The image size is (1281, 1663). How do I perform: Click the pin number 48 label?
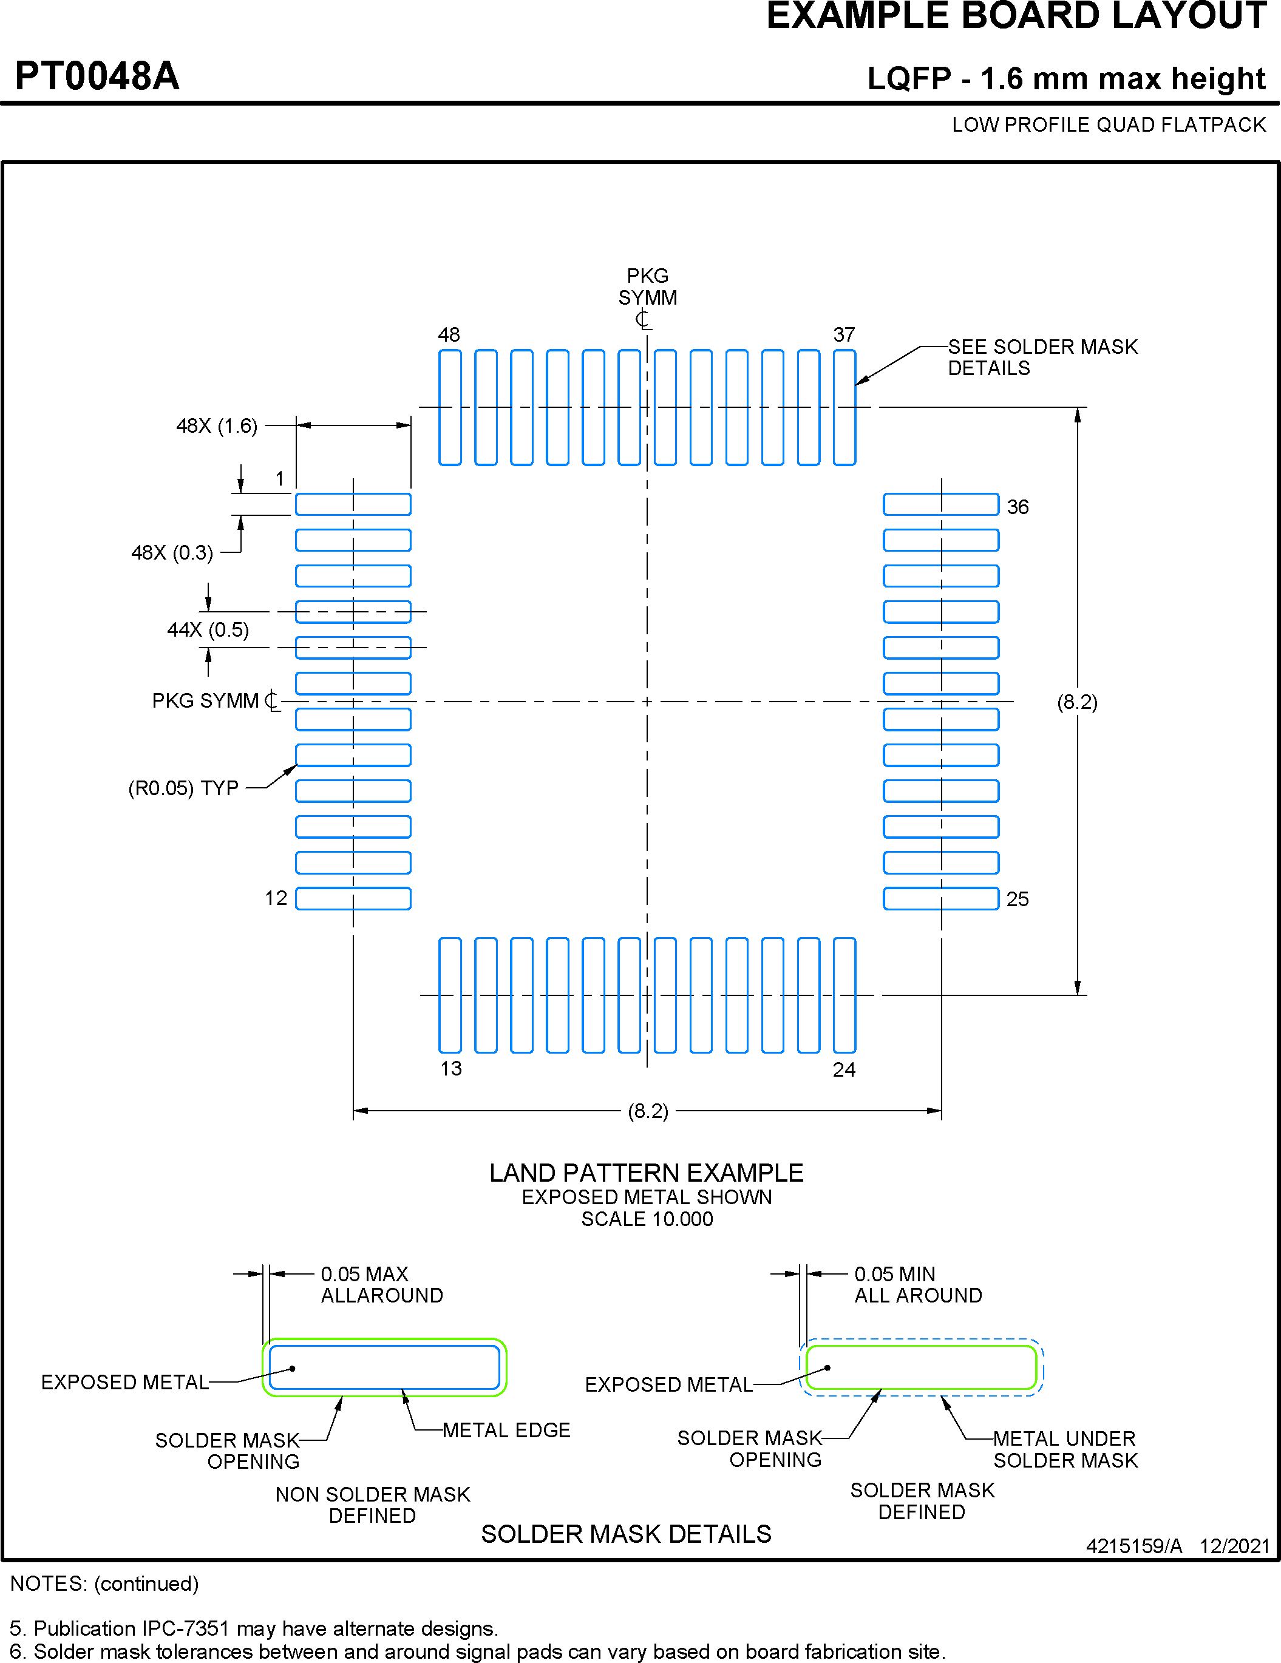pos(449,334)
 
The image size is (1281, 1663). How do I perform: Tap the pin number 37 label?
pos(844,334)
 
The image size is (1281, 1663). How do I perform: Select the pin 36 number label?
pos(1018,507)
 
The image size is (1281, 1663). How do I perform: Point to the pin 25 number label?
pos(1018,899)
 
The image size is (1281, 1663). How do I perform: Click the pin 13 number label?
pos(451,1068)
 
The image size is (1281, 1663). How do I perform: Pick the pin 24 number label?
pos(844,1070)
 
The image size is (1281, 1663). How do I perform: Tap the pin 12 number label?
pos(276,898)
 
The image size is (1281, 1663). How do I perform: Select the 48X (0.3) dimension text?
pos(172,553)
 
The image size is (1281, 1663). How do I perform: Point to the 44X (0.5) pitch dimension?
pos(208,630)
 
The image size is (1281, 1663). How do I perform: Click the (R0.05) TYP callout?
pos(183,788)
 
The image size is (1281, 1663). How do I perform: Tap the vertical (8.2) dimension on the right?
pos(1077,702)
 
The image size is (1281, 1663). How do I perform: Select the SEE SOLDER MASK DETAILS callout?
pos(1042,357)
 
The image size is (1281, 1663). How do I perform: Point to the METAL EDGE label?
pos(506,1430)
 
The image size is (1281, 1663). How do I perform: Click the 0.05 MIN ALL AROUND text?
pos(918,1284)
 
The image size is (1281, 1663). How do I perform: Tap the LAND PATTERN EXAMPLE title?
pos(646,1173)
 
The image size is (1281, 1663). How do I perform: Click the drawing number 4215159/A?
pos(1134,1546)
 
